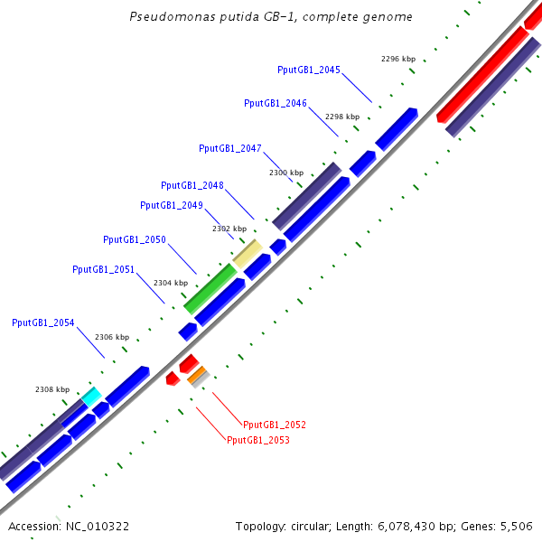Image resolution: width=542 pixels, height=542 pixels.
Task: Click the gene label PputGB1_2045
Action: (x=309, y=70)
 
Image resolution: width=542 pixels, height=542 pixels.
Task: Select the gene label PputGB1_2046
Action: (x=276, y=103)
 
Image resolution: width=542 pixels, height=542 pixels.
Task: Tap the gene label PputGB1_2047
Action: (x=230, y=148)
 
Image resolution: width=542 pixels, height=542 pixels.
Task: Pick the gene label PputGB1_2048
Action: (x=192, y=185)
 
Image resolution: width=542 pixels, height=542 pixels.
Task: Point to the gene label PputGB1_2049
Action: (x=172, y=205)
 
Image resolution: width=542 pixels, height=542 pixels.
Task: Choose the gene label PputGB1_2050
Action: (x=135, y=239)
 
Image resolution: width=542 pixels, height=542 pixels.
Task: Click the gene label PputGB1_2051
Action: (x=104, y=269)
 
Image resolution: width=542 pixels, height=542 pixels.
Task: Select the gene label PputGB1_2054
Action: (x=43, y=322)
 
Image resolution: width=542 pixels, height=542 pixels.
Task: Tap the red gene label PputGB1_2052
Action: (x=275, y=424)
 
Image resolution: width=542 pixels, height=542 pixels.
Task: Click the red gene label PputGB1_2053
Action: (x=258, y=440)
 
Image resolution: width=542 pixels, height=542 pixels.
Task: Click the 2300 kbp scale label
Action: (x=286, y=172)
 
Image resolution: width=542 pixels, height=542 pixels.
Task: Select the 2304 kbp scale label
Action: (x=171, y=283)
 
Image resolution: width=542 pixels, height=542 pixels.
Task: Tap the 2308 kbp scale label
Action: (x=52, y=389)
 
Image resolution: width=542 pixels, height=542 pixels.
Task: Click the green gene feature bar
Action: (x=210, y=288)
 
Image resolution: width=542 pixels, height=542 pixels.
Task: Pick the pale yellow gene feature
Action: (x=248, y=252)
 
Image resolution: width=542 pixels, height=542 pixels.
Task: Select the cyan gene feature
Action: (x=90, y=396)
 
